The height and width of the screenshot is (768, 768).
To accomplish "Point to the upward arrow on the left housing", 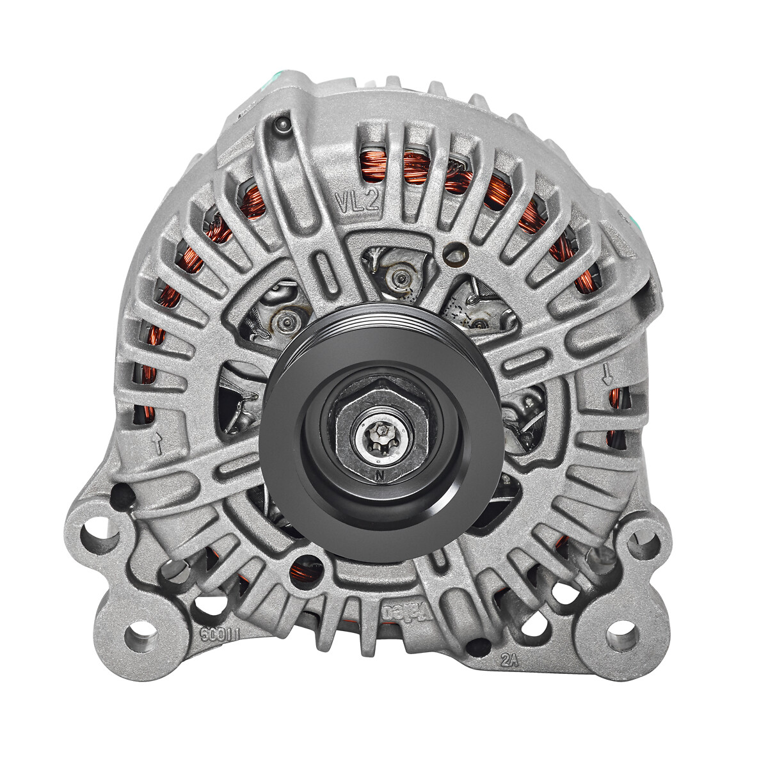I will coord(156,442).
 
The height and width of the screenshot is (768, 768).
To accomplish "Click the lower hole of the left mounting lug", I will coord(139,636).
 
